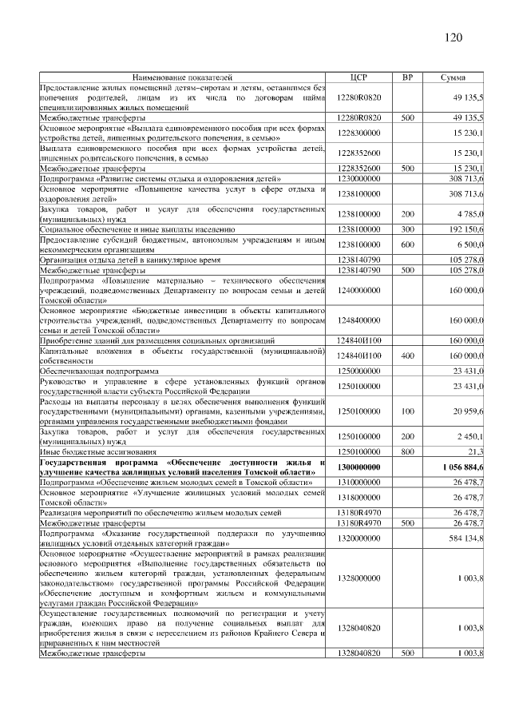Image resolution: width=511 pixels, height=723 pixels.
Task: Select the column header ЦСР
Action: (x=358, y=77)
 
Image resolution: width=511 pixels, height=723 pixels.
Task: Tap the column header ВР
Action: (x=407, y=77)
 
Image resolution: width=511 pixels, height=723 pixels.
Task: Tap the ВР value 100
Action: (x=407, y=411)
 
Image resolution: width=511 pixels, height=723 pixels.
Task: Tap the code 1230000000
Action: (x=358, y=179)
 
